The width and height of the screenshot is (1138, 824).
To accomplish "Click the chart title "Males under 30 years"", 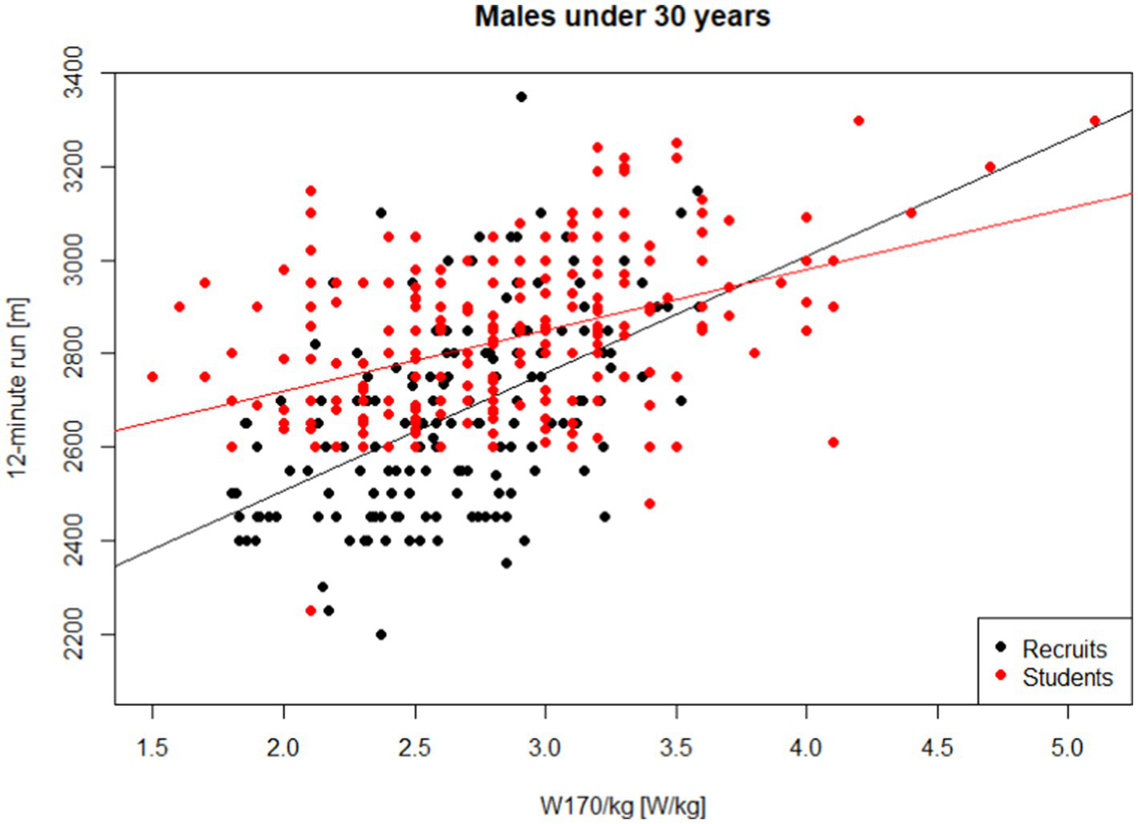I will point(622,16).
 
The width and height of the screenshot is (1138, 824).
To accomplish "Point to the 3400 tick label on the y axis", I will point(74,73).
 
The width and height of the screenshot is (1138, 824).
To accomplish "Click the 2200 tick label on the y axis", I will point(74,634).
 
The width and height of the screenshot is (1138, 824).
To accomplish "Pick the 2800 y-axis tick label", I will point(74,354).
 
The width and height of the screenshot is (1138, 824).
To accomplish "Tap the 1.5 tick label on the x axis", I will point(152,748).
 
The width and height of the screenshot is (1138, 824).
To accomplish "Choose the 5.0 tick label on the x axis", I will point(1067,748).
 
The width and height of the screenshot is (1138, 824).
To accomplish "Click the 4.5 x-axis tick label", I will point(937,748).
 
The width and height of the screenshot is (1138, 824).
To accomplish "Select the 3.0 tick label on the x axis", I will point(545,748).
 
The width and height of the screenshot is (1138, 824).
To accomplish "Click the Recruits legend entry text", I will point(1064,649).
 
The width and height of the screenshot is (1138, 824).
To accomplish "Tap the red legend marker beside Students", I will point(1000,675).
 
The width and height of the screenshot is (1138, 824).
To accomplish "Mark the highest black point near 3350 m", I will point(522,96).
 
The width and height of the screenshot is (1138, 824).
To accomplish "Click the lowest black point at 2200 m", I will point(380,634).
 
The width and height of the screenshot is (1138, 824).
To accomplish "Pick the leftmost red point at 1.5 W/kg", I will point(152,377).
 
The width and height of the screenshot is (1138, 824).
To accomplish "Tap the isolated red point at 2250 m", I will point(311,610).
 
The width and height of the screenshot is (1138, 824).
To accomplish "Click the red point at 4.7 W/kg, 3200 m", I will point(990,167).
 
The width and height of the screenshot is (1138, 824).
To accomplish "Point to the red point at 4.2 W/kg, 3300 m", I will point(859,120).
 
